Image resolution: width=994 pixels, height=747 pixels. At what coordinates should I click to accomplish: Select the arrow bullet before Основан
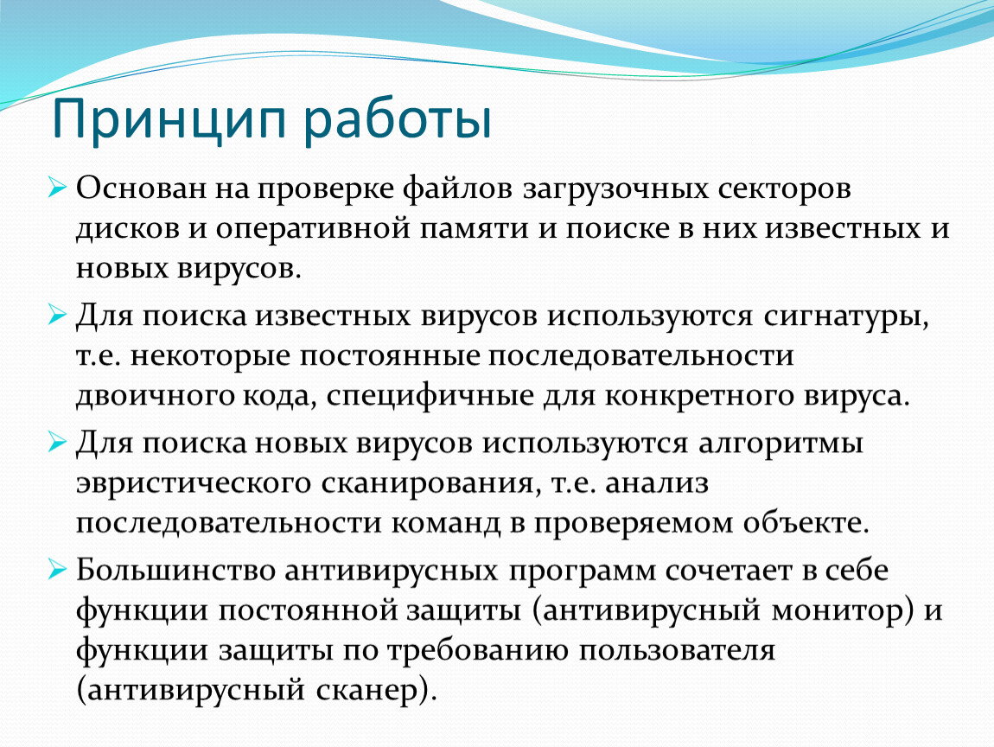click(x=57, y=188)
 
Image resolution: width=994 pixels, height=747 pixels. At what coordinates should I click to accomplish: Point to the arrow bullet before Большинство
click(x=57, y=570)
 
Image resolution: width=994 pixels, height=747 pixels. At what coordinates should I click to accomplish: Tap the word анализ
click(x=657, y=483)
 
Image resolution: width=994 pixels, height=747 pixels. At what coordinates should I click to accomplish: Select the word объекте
click(x=806, y=522)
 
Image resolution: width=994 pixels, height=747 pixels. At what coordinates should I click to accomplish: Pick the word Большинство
click(x=175, y=571)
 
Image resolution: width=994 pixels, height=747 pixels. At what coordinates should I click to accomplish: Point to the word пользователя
click(x=677, y=651)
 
